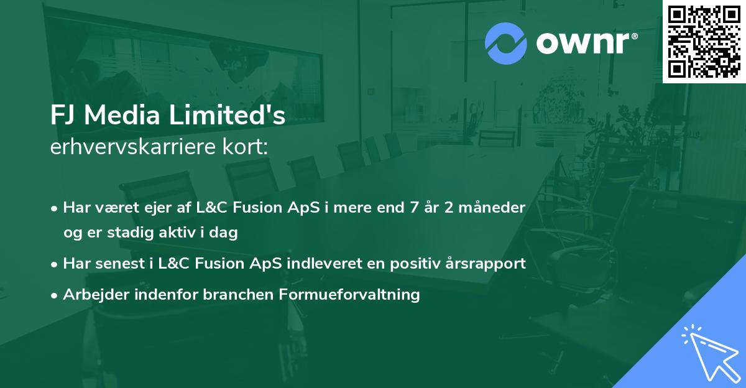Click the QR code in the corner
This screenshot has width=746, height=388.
704,41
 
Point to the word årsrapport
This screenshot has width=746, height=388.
489,263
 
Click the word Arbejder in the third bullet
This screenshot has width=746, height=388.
90,294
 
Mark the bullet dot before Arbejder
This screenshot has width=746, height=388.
55,295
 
